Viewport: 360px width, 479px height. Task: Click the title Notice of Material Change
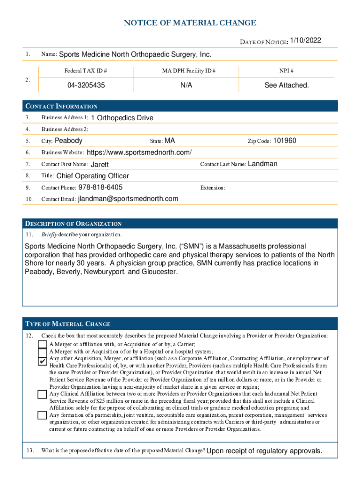point(189,23)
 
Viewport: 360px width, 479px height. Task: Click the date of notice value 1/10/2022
point(305,41)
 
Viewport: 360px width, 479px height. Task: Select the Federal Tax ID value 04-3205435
point(86,86)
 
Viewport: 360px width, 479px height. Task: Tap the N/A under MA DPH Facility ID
point(186,86)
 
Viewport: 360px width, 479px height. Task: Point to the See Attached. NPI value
point(286,86)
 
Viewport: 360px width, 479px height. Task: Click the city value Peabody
point(68,141)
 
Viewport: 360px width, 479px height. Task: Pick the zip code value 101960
point(285,141)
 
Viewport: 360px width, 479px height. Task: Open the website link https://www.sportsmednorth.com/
point(139,152)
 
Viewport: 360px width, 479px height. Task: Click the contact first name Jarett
point(99,165)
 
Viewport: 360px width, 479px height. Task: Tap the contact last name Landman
point(262,164)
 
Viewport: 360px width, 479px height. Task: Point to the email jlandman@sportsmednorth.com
point(128,199)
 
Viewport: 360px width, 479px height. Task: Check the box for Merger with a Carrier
point(43,345)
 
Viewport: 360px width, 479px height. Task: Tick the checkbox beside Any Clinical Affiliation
point(43,394)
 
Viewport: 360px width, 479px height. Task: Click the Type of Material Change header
point(68,324)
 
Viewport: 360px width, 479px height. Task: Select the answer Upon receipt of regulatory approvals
point(264,451)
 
